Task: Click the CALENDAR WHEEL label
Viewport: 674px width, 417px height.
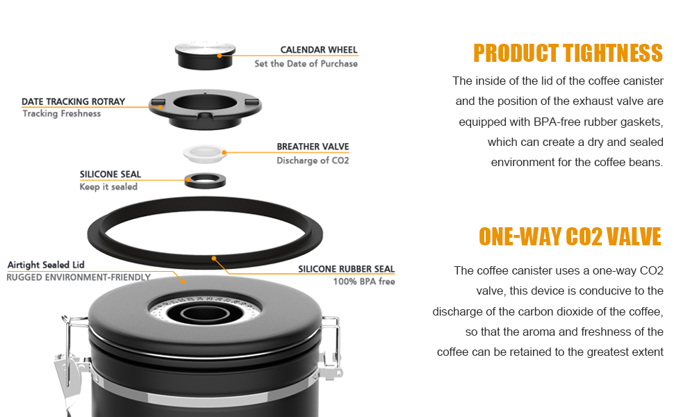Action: coord(318,50)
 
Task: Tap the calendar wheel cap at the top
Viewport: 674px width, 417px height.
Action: coord(206,56)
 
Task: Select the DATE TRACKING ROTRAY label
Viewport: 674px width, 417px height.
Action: coord(73,101)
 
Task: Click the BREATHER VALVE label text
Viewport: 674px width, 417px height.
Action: coord(313,147)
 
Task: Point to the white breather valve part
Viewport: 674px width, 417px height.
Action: coord(205,154)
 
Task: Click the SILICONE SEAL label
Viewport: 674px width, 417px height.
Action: coord(110,174)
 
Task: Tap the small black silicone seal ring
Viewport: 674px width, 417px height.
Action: coord(206,181)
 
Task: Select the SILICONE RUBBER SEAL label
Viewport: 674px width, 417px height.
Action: coord(346,269)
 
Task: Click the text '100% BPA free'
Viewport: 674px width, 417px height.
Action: coord(363,281)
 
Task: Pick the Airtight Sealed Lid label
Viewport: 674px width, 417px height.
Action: coord(46,265)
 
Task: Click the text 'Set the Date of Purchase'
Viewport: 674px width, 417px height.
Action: coord(306,64)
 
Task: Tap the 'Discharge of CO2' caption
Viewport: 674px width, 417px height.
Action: coord(313,161)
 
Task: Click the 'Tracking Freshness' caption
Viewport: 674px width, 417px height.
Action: coord(61,113)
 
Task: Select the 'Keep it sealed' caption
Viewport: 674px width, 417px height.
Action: coord(108,186)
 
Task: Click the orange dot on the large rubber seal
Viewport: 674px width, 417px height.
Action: coord(213,259)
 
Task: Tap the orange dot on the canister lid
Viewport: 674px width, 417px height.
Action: coord(183,281)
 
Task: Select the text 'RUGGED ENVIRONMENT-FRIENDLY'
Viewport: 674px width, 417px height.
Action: coord(79,277)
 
